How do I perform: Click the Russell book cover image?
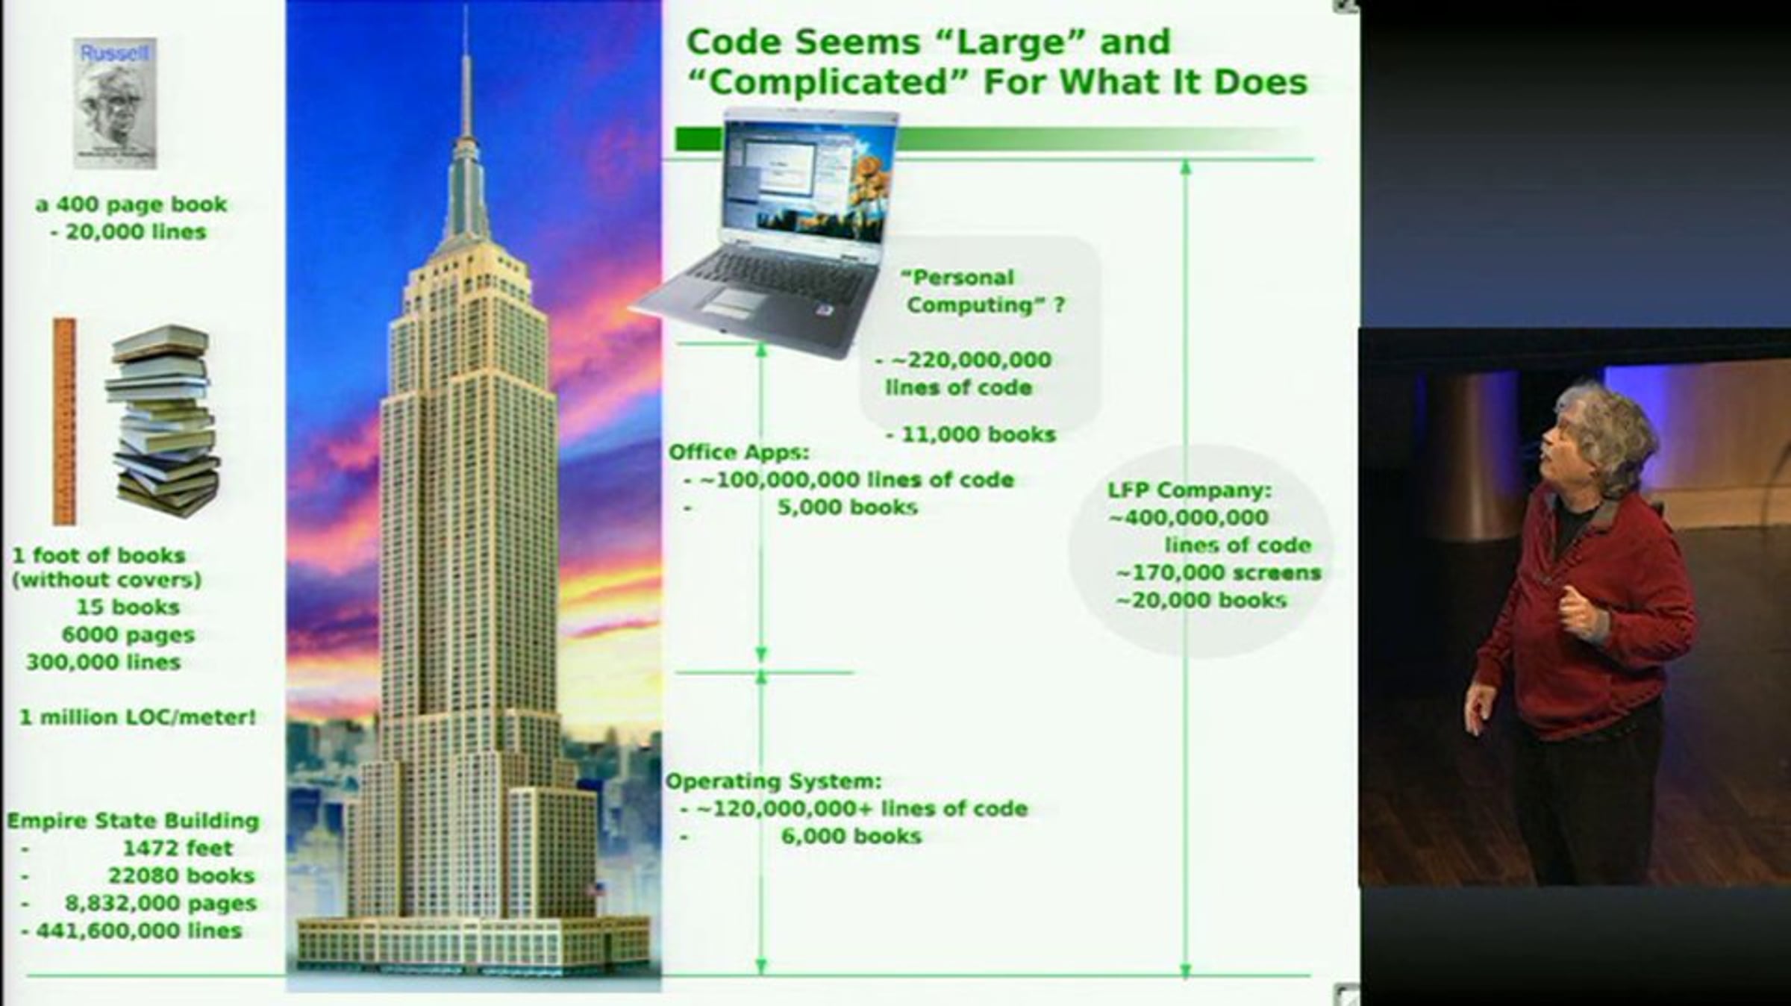tap(115, 103)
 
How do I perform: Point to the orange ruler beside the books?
tap(64, 422)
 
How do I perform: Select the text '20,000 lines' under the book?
tap(136, 232)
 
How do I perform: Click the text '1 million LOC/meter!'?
tap(137, 717)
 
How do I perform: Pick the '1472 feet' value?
tap(178, 848)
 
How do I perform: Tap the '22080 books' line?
tap(181, 875)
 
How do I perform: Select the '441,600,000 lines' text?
tap(140, 931)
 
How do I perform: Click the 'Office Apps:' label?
tap(739, 452)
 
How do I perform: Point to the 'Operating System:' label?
tap(773, 781)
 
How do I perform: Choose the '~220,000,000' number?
tap(971, 360)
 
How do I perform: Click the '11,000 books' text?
tap(978, 434)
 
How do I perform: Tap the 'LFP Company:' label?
tap(1190, 490)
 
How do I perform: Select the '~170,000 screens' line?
tap(1219, 573)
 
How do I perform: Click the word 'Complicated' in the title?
tap(828, 82)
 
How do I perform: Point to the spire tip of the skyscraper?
tap(466, 6)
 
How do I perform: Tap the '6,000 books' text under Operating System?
tap(851, 836)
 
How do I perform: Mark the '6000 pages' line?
tap(128, 635)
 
